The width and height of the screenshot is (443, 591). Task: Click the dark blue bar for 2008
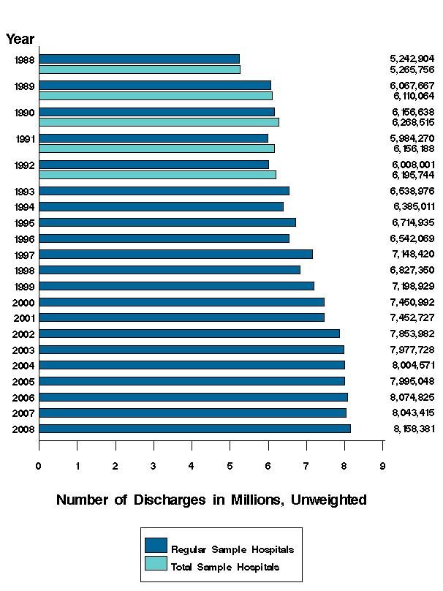[194, 429]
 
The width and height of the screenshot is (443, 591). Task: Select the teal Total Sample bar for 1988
[140, 69]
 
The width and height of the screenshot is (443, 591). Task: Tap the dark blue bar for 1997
[175, 254]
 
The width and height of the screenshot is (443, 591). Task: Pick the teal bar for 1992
[157, 175]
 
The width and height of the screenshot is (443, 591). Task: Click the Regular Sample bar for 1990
[156, 112]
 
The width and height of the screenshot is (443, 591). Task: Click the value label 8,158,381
[413, 429]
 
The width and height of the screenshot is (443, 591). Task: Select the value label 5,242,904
[412, 59]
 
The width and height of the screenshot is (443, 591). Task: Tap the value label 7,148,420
[413, 255]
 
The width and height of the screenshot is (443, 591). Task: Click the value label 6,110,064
[414, 96]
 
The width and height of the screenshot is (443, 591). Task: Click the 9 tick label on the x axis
[382, 465]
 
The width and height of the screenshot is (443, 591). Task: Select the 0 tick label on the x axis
[39, 465]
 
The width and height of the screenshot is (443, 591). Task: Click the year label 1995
[25, 222]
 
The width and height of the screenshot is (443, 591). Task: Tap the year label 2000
[23, 302]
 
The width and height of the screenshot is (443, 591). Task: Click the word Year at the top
[20, 39]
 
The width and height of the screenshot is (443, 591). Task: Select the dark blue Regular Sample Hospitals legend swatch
[156, 546]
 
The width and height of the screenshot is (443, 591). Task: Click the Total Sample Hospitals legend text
[224, 567]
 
